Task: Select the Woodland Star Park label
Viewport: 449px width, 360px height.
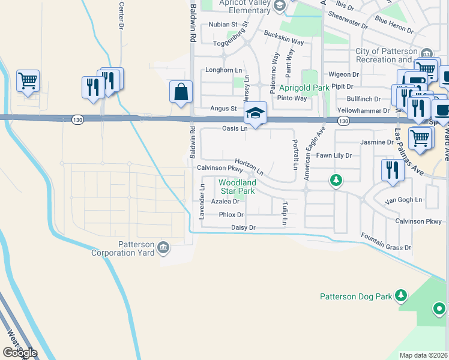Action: (x=237, y=187)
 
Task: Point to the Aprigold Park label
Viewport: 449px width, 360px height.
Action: (x=304, y=88)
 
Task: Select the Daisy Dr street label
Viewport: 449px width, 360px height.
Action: (x=243, y=228)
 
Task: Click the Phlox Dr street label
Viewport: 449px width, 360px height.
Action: (x=231, y=214)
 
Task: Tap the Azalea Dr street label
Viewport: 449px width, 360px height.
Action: (x=225, y=202)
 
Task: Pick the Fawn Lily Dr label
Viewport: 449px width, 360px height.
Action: (x=334, y=155)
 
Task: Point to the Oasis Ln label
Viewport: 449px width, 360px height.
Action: (x=235, y=128)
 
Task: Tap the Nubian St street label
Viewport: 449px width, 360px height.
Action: (x=224, y=25)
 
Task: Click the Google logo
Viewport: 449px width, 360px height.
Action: (x=20, y=353)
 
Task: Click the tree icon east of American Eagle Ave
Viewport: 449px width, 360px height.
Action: (x=337, y=179)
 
